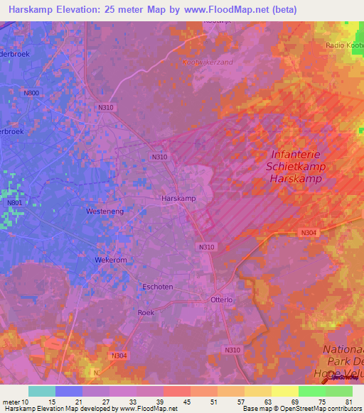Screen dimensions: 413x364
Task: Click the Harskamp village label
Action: pos(178,199)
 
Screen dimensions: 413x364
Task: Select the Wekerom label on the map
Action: pos(111,260)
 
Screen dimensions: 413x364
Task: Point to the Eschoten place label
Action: pos(158,287)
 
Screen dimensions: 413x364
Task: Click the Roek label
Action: pos(145,312)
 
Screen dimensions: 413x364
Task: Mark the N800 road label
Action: pos(31,92)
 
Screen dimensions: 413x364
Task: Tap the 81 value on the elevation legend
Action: pos(347,402)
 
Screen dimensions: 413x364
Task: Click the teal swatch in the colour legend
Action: pos(42,391)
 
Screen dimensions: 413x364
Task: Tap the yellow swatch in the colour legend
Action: pos(284,391)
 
